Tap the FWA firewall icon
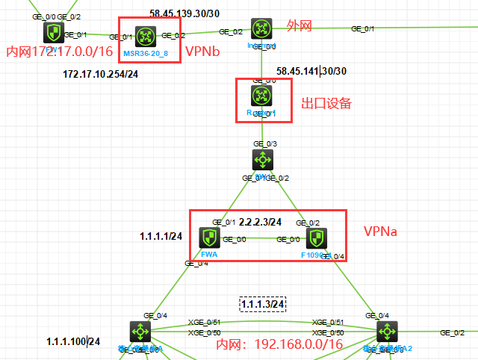(208, 238)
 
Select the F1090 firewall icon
(317, 238)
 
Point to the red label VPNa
(380, 232)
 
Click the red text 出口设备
(326, 103)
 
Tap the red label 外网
(299, 26)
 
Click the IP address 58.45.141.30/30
(311, 71)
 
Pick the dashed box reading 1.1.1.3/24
(263, 304)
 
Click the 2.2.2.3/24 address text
(261, 222)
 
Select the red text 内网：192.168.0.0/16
(279, 344)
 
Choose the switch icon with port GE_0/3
(261, 160)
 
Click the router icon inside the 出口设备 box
(261, 96)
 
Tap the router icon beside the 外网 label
(261, 29)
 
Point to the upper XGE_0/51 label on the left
(204, 322)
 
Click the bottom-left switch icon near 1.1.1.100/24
(140, 332)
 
